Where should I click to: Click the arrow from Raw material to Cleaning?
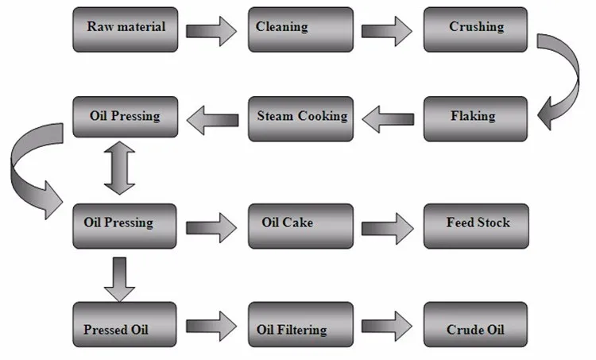point(211,31)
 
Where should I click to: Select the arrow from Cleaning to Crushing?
point(387,31)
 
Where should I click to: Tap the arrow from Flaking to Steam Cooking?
point(387,119)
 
